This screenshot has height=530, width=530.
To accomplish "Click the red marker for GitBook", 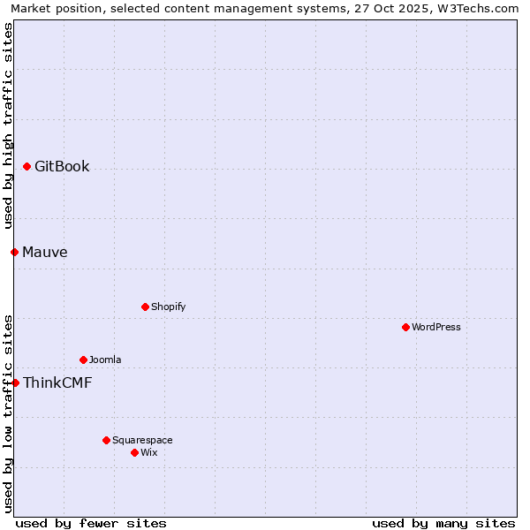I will tap(27, 166).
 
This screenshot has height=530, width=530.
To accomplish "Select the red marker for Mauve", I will tap(14, 252).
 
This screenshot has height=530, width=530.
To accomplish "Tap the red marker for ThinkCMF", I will tap(15, 382).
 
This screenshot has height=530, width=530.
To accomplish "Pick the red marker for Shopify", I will tap(145, 307).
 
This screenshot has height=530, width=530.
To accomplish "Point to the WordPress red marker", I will tap(405, 327).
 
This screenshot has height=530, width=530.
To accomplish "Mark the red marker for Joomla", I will tap(83, 360).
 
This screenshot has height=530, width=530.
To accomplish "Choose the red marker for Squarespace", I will tap(106, 440).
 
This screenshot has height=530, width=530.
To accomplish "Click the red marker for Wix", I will tap(134, 452).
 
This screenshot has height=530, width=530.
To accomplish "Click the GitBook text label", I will tap(62, 166).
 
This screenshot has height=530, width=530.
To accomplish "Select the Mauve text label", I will tap(45, 252).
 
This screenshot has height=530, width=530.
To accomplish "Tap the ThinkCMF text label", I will tap(57, 382).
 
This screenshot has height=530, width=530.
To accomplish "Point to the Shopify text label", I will tap(168, 307).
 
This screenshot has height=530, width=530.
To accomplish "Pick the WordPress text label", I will tap(436, 327).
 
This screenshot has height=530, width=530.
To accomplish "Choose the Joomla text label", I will tap(105, 360).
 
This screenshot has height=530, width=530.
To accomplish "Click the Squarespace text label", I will tap(142, 440).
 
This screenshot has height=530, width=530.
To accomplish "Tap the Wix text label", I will tap(149, 452).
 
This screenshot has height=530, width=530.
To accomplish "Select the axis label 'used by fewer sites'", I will tap(91, 523).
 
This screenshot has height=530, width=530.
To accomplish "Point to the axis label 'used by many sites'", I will tap(443, 523).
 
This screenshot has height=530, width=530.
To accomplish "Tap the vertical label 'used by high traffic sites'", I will tap(8, 124).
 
